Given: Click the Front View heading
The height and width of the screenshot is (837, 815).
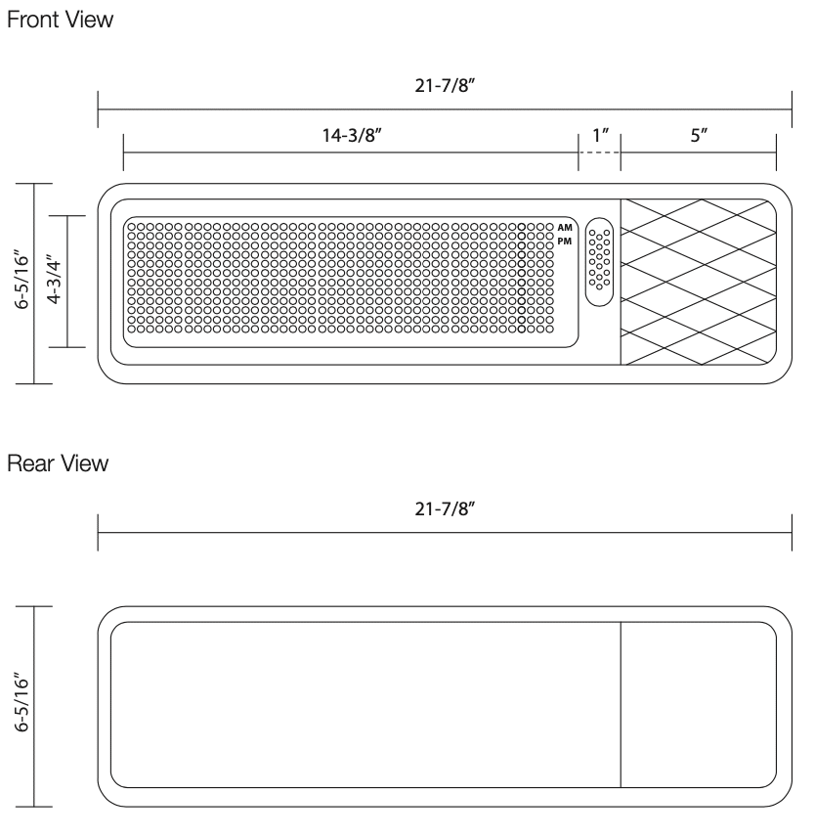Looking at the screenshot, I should click(60, 21).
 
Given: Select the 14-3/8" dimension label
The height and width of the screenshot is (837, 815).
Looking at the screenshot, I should click(351, 135).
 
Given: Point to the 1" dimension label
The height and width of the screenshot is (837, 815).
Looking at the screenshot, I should click(599, 135).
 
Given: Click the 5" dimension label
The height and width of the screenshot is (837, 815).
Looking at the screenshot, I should click(699, 135).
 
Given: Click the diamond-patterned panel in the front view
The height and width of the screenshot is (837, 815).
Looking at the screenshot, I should click(699, 283).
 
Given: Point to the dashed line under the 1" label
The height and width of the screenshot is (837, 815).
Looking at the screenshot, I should click(599, 154).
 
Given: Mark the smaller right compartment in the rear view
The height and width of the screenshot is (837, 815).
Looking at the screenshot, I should click(699, 704).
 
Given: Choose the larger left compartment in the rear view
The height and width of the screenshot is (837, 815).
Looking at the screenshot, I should click(366, 704).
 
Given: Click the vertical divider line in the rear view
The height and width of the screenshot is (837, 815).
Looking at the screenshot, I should click(622, 704).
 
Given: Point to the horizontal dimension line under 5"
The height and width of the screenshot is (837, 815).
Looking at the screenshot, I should click(699, 154).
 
